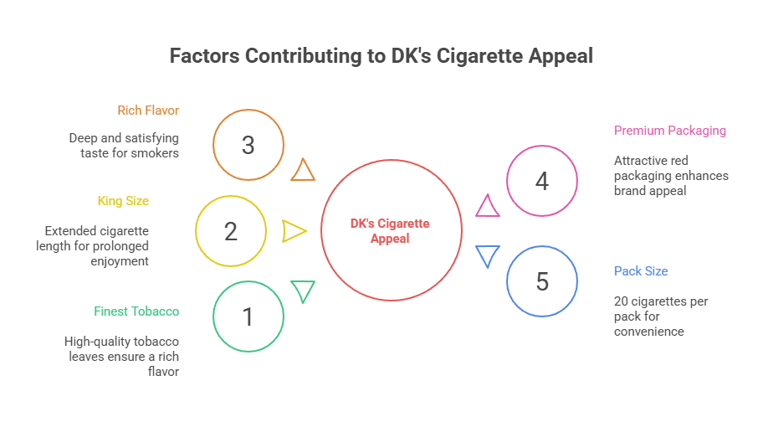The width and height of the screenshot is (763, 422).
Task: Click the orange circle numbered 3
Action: pos(248,145)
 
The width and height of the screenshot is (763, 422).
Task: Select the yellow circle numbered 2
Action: pos(231,231)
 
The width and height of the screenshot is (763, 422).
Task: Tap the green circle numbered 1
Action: pos(248,316)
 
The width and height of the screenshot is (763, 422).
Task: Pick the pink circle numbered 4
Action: pos(542,181)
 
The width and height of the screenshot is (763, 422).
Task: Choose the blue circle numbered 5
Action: pos(542,281)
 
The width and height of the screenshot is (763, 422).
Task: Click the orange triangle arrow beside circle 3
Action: pos(303,171)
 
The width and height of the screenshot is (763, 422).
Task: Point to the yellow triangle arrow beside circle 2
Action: pos(294,231)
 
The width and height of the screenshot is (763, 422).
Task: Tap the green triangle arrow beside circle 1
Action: pos(303,291)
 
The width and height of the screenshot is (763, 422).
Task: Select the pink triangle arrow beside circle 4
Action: pos(487,206)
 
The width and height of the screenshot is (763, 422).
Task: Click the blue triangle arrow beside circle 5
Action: pos(487,256)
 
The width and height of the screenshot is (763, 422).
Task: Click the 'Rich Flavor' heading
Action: pos(148,111)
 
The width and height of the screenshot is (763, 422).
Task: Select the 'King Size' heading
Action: pos(123,201)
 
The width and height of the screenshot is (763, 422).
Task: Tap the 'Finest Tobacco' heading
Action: pos(136,311)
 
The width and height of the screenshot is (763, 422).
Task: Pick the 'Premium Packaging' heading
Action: pos(669,131)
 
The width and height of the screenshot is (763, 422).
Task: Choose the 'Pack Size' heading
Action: pos(641,271)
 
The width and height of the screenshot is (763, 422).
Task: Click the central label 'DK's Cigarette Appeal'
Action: pos(390,231)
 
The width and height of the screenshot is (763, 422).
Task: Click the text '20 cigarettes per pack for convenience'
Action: pos(661,316)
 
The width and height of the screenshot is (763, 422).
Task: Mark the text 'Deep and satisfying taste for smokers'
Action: pos(124,145)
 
